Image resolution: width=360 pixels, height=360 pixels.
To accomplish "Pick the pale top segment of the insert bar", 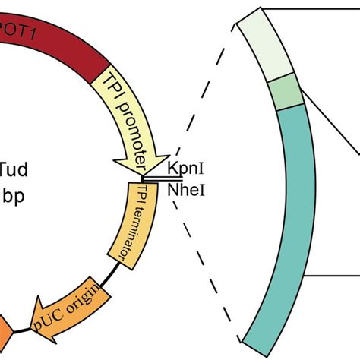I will [x=262, y=49].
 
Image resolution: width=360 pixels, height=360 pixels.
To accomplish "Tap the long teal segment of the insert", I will [x=289, y=220].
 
